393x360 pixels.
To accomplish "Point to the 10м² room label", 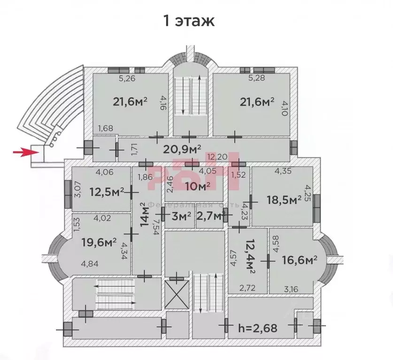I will pyautogui.click(x=197, y=186).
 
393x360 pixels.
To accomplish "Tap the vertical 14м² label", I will pyautogui.click(x=145, y=214).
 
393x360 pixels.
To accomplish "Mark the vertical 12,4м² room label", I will pyautogui.click(x=249, y=257).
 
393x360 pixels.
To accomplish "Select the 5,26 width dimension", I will pyautogui.click(x=127, y=79).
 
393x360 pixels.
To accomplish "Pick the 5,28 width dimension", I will pyautogui.click(x=257, y=79).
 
